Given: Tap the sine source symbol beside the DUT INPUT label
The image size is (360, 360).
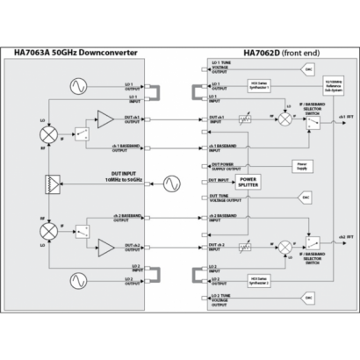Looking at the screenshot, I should [169, 183].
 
